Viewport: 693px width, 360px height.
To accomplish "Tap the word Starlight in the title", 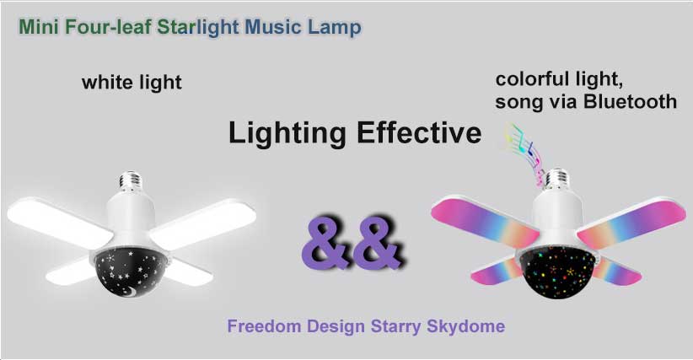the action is (198, 27).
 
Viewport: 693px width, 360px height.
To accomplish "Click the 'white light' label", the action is (132, 83).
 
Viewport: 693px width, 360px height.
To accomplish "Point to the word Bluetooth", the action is (630, 101).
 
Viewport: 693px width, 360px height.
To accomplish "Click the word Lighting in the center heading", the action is (287, 133).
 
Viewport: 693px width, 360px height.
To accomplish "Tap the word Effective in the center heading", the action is (419, 132).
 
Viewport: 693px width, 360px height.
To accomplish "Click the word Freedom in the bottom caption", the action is (264, 326).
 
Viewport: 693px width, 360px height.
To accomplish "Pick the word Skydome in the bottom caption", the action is (466, 327).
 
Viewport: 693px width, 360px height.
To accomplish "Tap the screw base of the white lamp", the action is (130, 181).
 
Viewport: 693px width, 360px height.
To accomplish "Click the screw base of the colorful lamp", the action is (556, 180).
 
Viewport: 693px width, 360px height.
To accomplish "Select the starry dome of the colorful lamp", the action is (557, 271).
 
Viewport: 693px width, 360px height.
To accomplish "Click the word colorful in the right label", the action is (526, 79).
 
